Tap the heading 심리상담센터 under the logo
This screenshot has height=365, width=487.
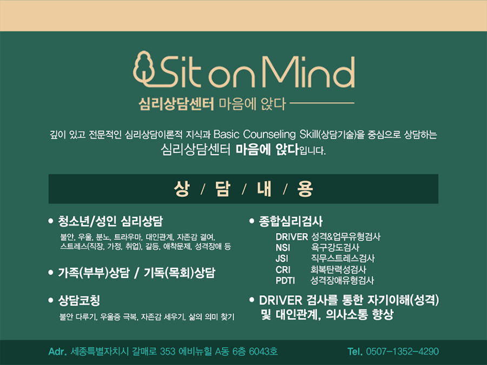point(176,104)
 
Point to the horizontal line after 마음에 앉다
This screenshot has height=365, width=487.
point(322,103)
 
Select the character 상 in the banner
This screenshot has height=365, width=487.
point(182,189)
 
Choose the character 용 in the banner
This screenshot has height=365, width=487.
point(305,189)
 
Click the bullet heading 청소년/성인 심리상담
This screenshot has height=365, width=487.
point(110,221)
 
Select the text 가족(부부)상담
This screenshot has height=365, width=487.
point(94,273)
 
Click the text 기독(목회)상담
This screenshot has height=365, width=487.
point(179,273)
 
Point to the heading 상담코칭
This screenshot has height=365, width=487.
point(79,300)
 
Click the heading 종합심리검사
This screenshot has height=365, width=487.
point(291,221)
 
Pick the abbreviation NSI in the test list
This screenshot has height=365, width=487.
point(282,248)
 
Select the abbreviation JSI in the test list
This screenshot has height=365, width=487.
point(282,258)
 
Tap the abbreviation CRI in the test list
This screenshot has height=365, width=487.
point(282,270)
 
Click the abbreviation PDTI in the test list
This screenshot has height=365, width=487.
point(285,281)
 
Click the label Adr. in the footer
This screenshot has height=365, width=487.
point(57,351)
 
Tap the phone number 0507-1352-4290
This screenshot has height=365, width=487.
point(402,351)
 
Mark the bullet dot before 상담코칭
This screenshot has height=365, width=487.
point(51,300)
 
